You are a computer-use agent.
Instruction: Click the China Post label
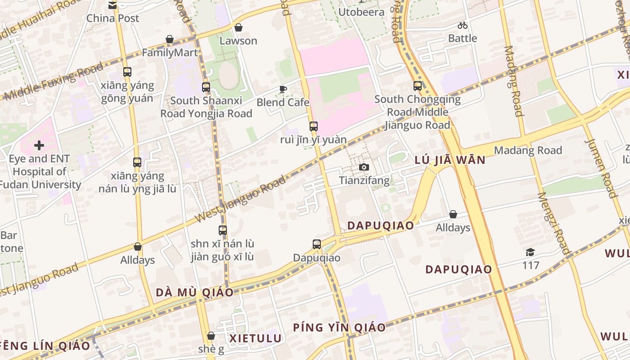click(112, 18)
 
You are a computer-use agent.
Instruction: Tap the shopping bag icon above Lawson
click(238, 28)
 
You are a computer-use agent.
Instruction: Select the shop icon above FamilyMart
click(170, 40)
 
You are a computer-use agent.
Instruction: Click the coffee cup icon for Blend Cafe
click(283, 89)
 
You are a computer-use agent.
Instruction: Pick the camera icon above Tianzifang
click(364, 167)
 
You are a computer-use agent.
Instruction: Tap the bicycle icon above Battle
click(463, 25)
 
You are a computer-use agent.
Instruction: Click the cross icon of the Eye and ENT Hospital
click(39, 145)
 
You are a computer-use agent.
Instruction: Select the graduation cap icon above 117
click(531, 252)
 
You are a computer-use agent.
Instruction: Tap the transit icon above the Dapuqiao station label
click(317, 244)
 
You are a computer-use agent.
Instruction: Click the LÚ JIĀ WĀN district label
click(450, 160)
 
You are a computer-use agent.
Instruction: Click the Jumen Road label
click(601, 168)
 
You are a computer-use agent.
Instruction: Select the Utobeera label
click(361, 12)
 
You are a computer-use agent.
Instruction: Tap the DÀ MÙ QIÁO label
click(195, 292)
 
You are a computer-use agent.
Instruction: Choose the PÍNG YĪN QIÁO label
click(339, 328)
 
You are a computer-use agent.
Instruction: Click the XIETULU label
click(256, 338)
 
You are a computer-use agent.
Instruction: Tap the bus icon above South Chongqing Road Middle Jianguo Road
click(418, 86)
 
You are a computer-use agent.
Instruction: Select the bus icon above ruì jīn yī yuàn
click(314, 126)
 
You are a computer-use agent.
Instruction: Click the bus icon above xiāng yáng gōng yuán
click(127, 72)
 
